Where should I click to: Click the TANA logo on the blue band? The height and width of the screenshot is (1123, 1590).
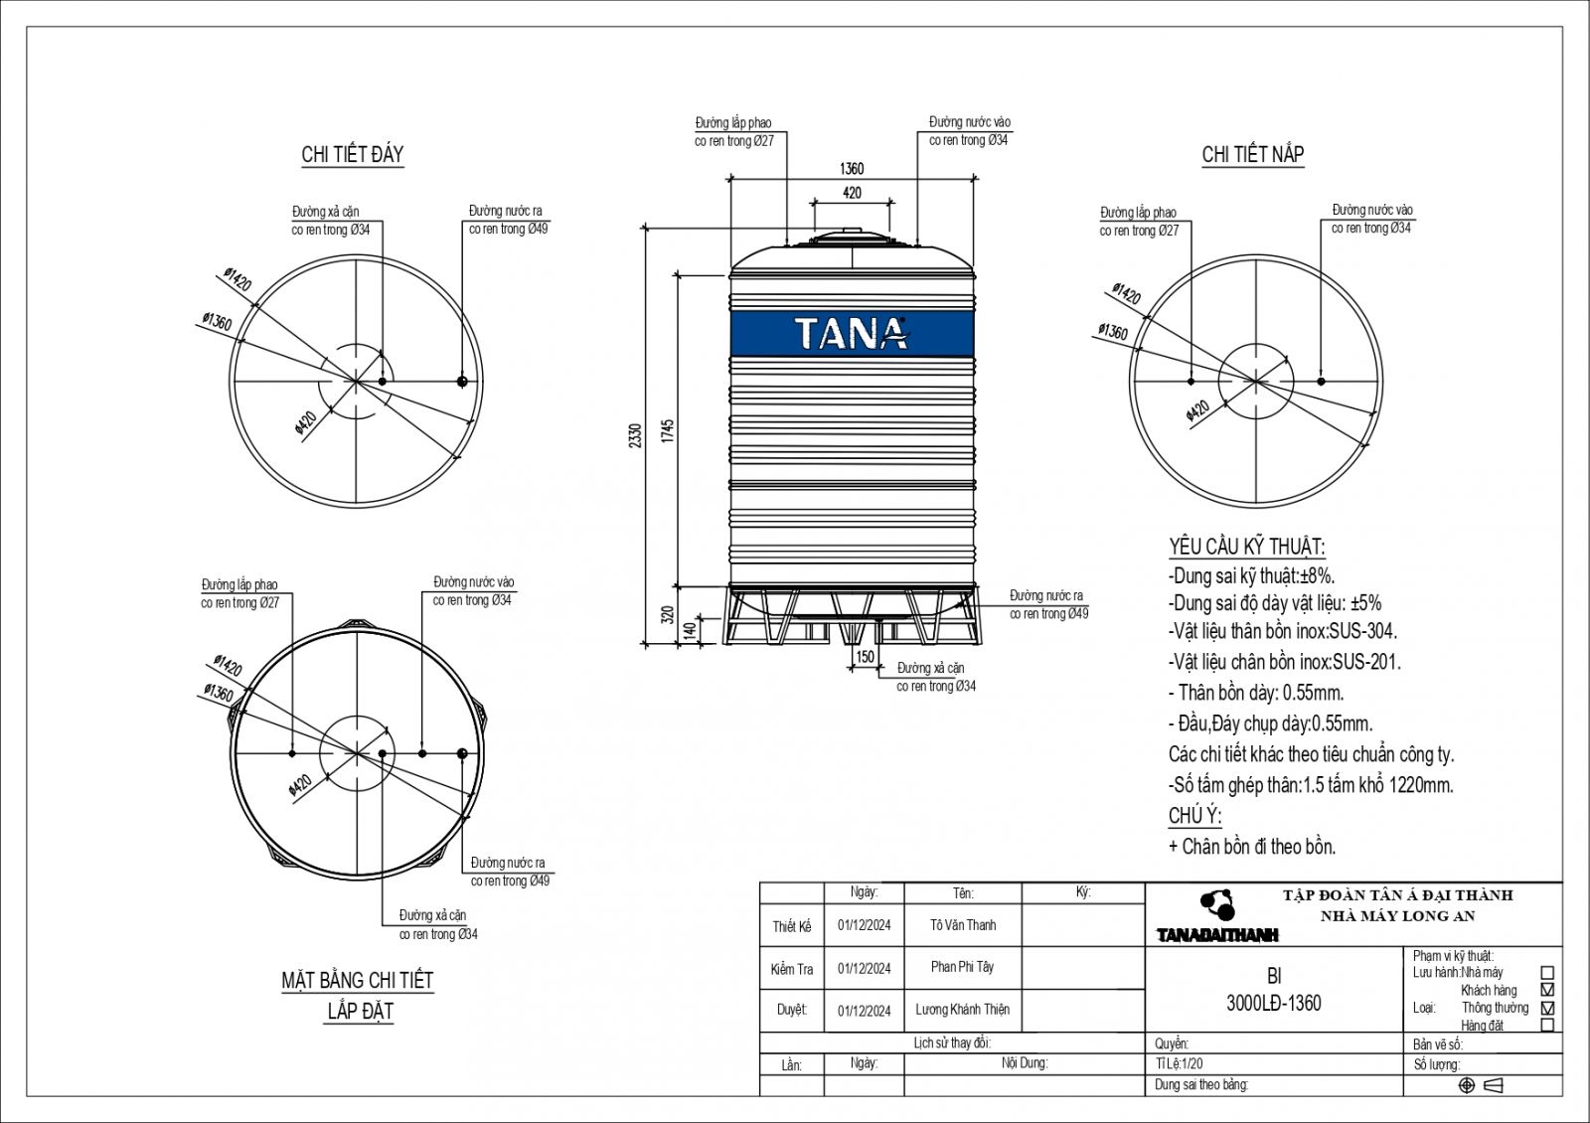(852, 333)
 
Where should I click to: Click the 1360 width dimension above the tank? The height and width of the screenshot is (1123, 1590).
(852, 168)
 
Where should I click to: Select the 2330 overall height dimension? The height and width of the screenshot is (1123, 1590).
(636, 434)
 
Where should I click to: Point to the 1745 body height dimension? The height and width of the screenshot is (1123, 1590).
(668, 430)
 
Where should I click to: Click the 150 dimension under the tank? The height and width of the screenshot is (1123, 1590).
(865, 657)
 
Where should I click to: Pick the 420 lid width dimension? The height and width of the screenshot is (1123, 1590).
(852, 193)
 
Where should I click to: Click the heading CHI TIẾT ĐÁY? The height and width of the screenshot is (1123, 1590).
(353, 154)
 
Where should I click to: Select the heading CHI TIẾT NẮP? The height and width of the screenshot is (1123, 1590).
(1252, 154)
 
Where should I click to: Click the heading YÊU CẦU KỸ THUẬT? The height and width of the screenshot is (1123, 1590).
(1246, 547)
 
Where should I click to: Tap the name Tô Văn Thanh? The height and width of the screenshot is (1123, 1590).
(963, 925)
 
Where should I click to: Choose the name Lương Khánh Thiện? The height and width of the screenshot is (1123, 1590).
(962, 1010)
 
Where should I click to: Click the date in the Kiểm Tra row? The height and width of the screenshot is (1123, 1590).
(864, 969)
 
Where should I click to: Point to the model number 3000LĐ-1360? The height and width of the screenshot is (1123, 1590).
(1274, 1004)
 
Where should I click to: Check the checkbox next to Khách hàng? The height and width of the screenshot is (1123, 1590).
(1546, 991)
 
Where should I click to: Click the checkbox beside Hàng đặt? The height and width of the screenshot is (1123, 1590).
(1546, 1025)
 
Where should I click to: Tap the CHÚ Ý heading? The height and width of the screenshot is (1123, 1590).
(1193, 816)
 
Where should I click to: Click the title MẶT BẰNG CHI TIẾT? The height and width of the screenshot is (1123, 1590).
(358, 981)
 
